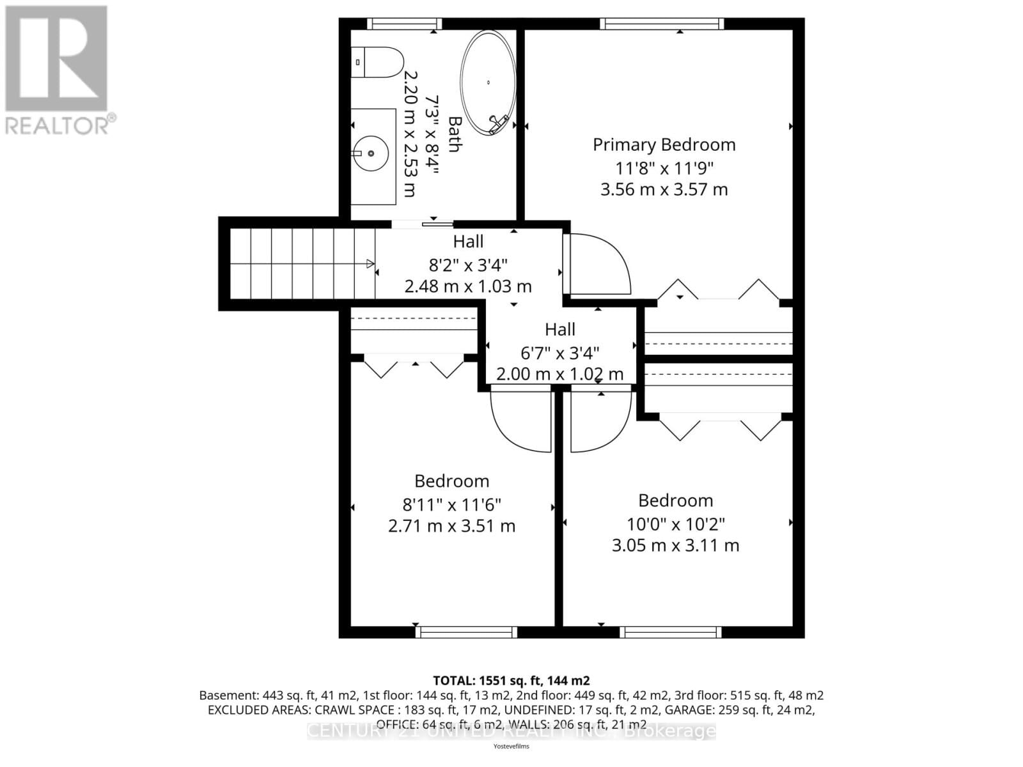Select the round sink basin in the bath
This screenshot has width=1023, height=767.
[x=371, y=153]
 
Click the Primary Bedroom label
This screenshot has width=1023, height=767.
[x=664, y=144]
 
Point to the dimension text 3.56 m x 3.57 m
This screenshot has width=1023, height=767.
[x=664, y=189]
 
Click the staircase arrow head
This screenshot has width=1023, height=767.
[x=370, y=263]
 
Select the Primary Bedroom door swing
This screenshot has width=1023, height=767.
[x=598, y=263]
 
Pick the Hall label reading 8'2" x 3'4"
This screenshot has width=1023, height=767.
[x=468, y=264]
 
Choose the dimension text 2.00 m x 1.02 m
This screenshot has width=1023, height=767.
[x=559, y=374]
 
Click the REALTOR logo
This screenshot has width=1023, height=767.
[x=58, y=70]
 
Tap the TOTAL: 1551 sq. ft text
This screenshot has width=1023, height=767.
[x=511, y=680]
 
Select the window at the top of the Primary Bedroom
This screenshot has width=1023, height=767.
[x=662, y=24]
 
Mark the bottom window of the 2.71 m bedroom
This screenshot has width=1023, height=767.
[x=466, y=632]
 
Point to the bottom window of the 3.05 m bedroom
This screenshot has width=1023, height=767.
[x=671, y=632]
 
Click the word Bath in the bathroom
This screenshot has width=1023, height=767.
[x=455, y=134]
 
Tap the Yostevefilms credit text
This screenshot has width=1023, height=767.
[x=511, y=746]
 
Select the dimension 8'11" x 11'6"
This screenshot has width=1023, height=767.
[x=451, y=504]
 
